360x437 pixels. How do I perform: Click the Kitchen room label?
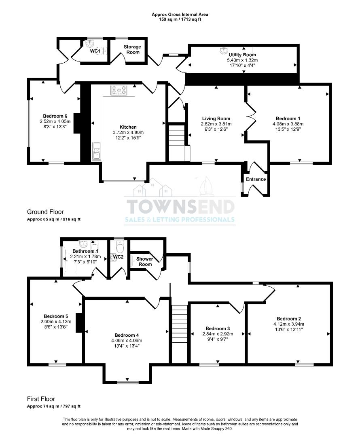(x=128, y=127)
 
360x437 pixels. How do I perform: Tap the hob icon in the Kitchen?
(x=118, y=90)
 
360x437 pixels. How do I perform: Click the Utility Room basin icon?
(x=223, y=51)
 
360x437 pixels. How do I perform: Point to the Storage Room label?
(x=132, y=49)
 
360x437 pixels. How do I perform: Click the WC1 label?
(x=95, y=51)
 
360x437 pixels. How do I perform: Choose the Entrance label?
(x=256, y=179)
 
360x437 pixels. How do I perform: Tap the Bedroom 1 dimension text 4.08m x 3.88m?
(x=288, y=124)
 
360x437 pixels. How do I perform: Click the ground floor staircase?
(x=177, y=142)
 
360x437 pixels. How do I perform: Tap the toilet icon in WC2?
(x=120, y=246)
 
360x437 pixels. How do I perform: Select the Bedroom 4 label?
(x=127, y=335)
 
